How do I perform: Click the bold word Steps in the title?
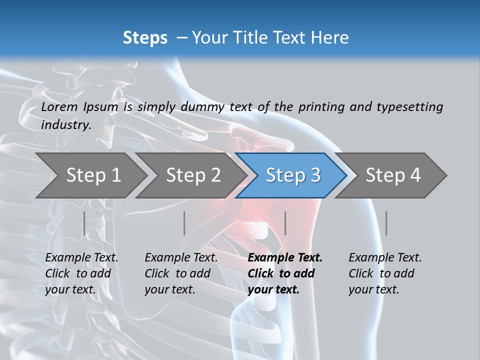[145, 38]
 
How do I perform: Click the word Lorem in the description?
[59, 107]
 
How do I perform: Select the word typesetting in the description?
[409, 107]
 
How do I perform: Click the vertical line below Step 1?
[84, 223]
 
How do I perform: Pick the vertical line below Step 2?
[184, 223]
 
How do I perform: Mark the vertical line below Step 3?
[285, 223]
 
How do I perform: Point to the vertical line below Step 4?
[386, 223]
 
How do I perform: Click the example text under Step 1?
[81, 273]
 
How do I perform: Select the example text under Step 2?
[181, 273]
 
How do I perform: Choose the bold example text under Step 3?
[285, 273]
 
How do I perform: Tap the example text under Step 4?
[385, 273]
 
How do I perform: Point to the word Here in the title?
[330, 38]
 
